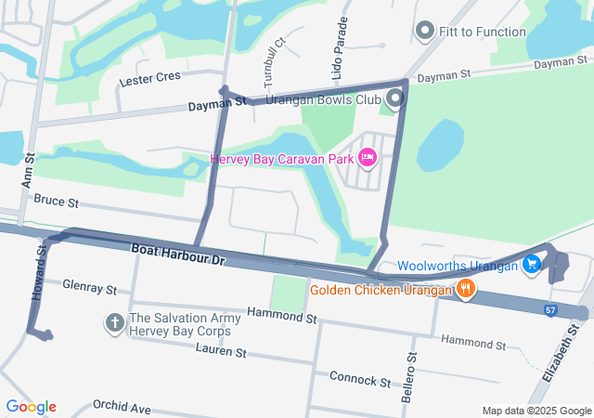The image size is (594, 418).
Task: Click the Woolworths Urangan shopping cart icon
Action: pos(531,265)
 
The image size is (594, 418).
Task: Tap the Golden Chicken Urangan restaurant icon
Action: pos(466,291)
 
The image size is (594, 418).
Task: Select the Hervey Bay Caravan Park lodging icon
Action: pos(367,159)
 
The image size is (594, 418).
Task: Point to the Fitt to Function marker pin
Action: pos(425,32)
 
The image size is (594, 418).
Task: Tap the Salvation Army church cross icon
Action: pos(114,323)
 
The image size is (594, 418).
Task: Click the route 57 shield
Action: pos(551,308)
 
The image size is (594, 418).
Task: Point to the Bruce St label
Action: pos(57,201)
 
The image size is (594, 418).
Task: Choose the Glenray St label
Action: pos(90,288)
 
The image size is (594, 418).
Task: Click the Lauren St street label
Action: pos(221,352)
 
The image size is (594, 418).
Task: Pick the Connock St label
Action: pos(360,379)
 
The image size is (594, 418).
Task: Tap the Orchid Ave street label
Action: pos(122,407)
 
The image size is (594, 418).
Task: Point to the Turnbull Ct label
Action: pos(269,58)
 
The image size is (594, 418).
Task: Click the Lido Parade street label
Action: pos(341,44)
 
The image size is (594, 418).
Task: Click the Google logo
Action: pos(31,407)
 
